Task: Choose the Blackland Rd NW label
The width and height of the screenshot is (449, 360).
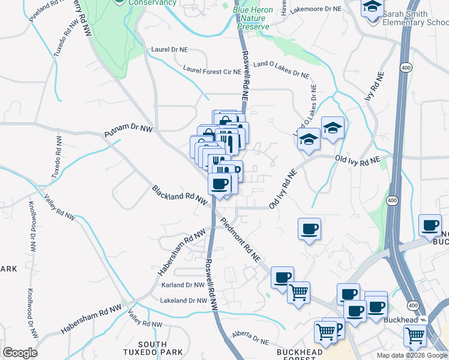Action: pyautogui.click(x=179, y=194)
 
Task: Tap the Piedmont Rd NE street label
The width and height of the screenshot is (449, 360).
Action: pyautogui.click(x=240, y=239)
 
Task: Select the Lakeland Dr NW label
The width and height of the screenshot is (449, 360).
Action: pyautogui.click(x=183, y=301)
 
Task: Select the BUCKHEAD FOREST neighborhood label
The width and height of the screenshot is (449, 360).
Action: pyautogui.click(x=297, y=353)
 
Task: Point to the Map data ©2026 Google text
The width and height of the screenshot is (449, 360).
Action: pyautogui.click(x=412, y=355)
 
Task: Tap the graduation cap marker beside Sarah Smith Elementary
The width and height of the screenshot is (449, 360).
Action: pyautogui.click(x=373, y=7)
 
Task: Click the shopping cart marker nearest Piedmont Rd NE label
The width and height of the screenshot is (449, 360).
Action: pyautogui.click(x=298, y=293)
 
